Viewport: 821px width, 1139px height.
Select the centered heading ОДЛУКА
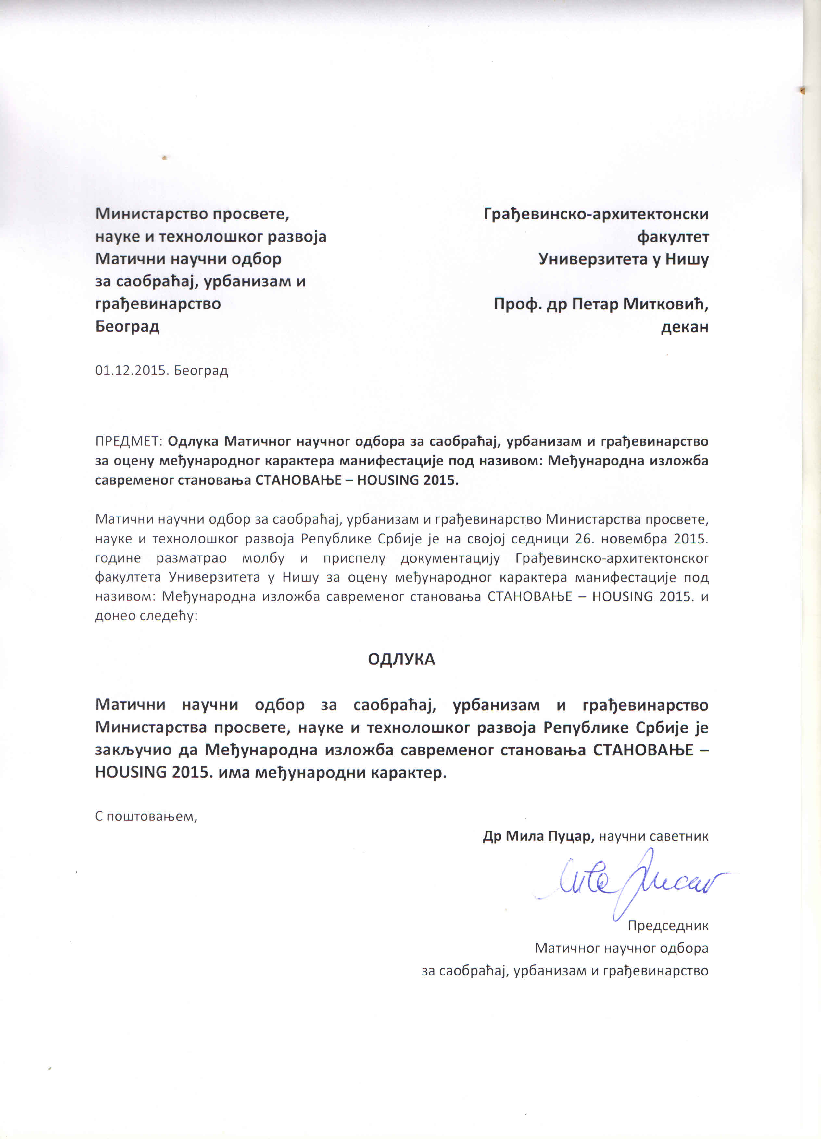point(401,660)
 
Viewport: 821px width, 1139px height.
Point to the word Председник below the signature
point(667,925)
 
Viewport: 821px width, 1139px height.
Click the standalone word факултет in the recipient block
point(673,237)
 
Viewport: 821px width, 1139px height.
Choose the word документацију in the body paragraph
point(450,558)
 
